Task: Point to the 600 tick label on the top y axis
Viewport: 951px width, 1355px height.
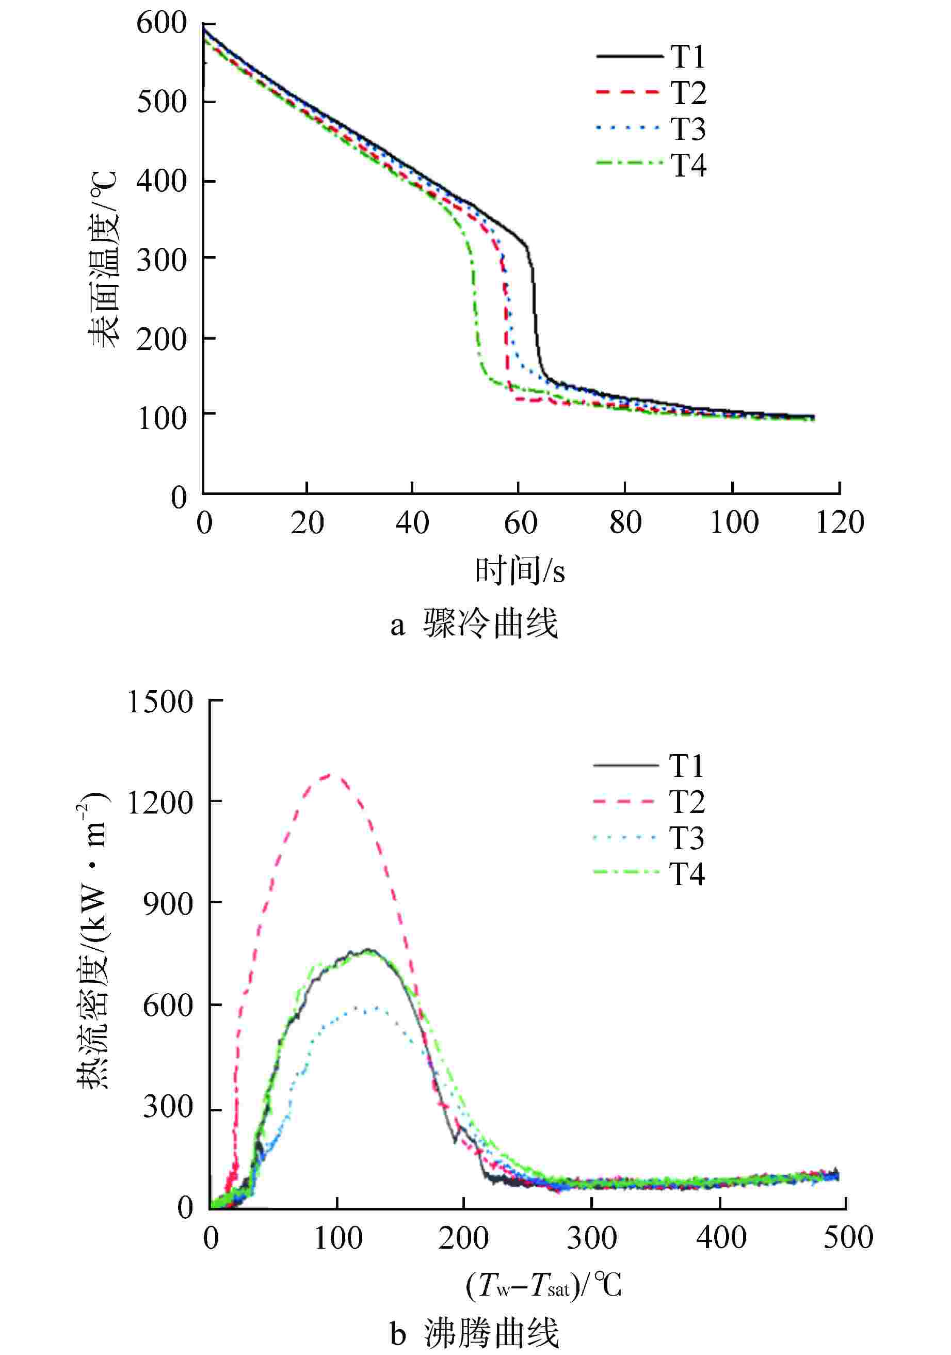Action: (161, 24)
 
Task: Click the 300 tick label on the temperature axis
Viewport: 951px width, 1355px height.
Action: (161, 260)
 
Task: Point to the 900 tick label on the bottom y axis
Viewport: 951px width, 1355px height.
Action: (168, 903)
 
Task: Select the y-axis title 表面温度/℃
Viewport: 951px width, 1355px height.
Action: (104, 260)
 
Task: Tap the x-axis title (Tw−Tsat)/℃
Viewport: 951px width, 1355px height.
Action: (543, 1285)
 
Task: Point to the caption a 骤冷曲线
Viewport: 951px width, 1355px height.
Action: (474, 623)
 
